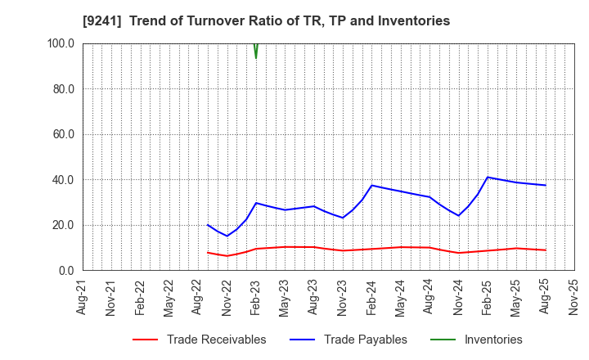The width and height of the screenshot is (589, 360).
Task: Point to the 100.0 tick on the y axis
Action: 61,43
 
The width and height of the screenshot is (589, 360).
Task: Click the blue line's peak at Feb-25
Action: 488,177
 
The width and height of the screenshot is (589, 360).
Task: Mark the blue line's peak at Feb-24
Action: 372,185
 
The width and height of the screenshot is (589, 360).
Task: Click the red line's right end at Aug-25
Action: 546,250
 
